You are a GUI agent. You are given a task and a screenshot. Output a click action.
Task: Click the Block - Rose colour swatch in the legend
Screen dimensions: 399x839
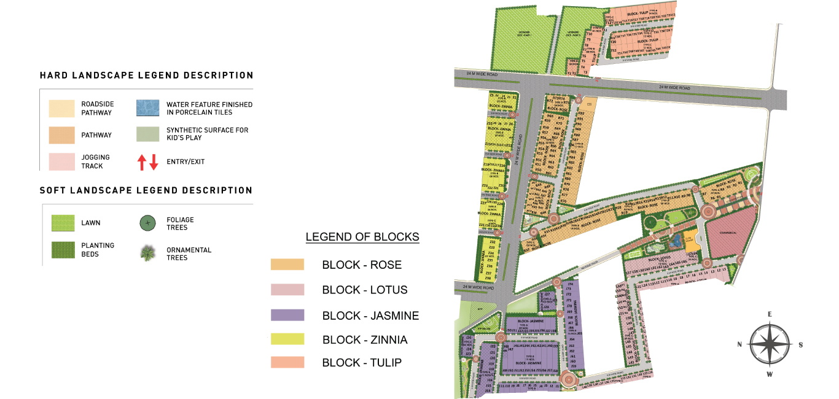(287, 265)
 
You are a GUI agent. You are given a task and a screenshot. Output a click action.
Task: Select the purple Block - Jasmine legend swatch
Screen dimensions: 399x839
(287, 315)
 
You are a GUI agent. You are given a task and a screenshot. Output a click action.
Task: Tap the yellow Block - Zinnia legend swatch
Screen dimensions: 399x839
(287, 339)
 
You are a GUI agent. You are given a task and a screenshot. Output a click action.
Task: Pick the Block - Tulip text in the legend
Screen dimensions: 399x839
(362, 363)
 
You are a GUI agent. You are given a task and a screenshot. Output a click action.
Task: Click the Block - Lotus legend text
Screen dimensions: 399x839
(364, 290)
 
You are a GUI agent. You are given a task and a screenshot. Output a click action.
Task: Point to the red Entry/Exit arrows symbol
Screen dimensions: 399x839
(147, 162)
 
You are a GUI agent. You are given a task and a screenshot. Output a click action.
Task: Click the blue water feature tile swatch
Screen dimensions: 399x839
(148, 109)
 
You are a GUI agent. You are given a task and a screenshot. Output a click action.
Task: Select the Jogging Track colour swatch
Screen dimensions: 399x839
(62, 162)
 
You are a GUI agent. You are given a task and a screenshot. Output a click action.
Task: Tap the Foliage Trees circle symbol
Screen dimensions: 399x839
(147, 223)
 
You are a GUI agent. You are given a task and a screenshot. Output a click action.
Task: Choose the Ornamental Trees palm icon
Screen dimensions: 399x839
(147, 253)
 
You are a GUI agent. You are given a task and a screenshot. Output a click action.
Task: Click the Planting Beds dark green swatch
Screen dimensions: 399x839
(63, 249)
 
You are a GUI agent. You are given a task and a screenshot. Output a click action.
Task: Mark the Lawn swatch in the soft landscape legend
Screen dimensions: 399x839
(63, 223)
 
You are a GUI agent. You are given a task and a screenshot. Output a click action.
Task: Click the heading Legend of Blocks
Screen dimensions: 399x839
(362, 237)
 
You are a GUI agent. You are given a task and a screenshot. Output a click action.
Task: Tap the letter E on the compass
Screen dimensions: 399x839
(770, 314)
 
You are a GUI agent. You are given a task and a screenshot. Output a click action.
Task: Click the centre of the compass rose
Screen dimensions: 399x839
(770, 344)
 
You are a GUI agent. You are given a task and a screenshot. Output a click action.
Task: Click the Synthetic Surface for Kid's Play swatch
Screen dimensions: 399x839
(148, 134)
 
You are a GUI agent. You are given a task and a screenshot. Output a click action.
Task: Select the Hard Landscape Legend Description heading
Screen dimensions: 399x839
(146, 76)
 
